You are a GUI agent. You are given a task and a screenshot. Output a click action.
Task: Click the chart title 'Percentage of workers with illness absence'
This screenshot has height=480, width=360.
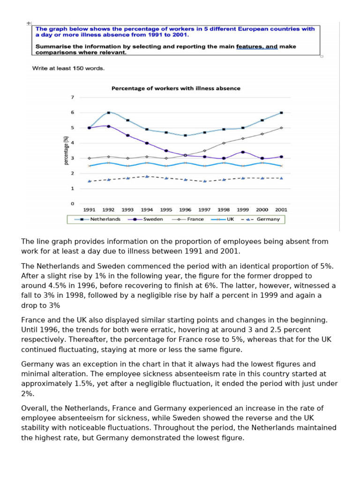click(x=175, y=88)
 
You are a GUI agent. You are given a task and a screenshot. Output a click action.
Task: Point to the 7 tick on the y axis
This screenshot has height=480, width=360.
click(x=72, y=97)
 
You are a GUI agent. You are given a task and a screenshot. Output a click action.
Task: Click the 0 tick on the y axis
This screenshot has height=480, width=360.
click(x=72, y=204)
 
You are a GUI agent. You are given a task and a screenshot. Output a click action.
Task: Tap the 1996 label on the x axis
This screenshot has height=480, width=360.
click(x=185, y=210)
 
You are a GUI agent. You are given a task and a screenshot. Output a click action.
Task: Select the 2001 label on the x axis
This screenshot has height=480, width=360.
click(x=281, y=210)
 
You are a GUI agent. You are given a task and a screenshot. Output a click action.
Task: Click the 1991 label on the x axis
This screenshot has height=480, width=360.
click(x=89, y=210)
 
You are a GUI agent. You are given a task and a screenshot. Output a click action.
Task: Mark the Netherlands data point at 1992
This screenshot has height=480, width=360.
click(x=108, y=112)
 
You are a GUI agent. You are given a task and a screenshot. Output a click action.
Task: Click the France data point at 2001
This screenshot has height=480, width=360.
click(x=281, y=127)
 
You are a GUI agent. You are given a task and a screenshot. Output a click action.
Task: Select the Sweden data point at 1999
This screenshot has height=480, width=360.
click(x=243, y=152)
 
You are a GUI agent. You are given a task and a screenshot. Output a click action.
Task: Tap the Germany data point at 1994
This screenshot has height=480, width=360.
click(x=147, y=176)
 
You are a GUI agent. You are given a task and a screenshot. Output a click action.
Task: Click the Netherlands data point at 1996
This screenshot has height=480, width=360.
click(x=185, y=135)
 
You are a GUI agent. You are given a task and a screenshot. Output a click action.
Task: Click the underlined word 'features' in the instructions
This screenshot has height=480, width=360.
click(x=249, y=46)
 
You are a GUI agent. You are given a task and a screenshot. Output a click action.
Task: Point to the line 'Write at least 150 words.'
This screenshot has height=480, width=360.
click(x=68, y=68)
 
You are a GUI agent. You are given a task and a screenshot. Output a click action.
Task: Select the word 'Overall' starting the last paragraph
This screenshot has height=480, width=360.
click(x=34, y=408)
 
